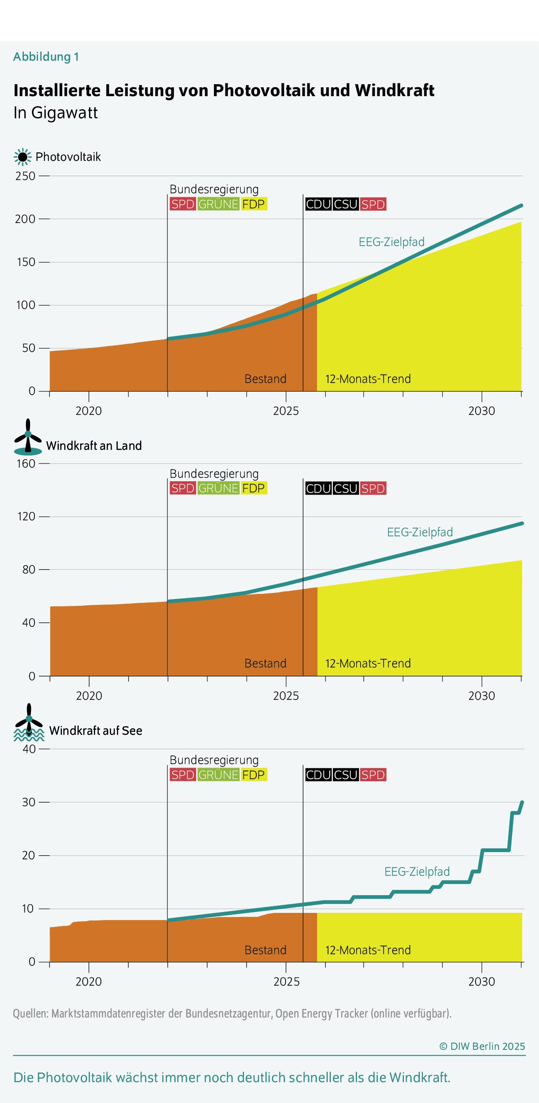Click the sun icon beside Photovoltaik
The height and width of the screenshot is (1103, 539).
click(x=23, y=157)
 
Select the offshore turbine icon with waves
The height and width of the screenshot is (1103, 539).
click(x=29, y=723)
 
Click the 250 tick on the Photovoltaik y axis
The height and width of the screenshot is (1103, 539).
click(x=25, y=176)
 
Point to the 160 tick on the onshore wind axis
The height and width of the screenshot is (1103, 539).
click(x=26, y=464)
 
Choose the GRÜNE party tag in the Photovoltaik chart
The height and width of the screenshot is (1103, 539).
click(x=218, y=204)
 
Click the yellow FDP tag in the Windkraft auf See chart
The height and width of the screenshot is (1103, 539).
click(x=253, y=775)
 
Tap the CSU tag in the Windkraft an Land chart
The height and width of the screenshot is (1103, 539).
click(x=345, y=488)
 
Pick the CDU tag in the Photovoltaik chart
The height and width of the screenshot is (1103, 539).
click(x=318, y=204)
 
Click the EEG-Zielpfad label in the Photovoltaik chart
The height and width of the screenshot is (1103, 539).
click(x=392, y=242)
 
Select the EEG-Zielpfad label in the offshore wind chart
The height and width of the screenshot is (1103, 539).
click(x=417, y=872)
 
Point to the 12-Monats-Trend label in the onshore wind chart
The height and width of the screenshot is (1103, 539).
click(x=368, y=663)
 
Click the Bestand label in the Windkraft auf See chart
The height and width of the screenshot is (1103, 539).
click(x=265, y=950)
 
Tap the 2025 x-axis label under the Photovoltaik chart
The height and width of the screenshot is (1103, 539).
click(x=286, y=411)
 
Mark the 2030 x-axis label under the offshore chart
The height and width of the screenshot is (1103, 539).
click(x=481, y=982)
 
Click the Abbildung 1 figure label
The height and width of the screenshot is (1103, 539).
click(x=46, y=57)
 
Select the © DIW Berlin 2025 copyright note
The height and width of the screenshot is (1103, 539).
click(x=482, y=1046)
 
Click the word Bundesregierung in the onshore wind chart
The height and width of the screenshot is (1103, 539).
click(x=214, y=474)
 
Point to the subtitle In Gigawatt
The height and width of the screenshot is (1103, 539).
click(x=55, y=113)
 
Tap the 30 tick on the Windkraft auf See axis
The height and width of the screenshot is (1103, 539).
click(x=29, y=802)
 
